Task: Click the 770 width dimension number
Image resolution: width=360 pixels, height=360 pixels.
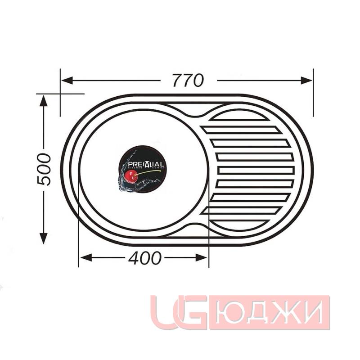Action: [x=188, y=80]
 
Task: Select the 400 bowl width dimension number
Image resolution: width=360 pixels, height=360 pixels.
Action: [x=144, y=258]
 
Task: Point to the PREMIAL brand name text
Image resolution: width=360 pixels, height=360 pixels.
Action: [x=143, y=165]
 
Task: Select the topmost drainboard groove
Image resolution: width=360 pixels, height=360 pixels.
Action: [x=241, y=130]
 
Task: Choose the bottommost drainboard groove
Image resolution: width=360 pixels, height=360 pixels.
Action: [x=241, y=210]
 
